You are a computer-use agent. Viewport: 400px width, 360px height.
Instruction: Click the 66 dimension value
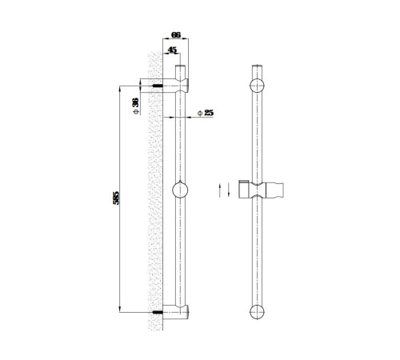[x=176, y=35]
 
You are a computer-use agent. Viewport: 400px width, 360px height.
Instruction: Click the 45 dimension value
[x=172, y=50]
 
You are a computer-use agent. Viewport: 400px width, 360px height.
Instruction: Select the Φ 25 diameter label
[x=206, y=113]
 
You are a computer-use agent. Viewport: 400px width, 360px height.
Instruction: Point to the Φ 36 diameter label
[x=136, y=106]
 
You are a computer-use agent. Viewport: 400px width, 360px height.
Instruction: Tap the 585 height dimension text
[x=116, y=198]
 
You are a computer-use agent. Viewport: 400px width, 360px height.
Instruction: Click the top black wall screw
[x=158, y=86]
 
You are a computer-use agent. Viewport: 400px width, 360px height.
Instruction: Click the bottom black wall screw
[x=158, y=312]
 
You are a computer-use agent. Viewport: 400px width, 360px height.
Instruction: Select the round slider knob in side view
[x=180, y=190]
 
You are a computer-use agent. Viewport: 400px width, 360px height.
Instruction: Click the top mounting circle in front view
[x=257, y=86]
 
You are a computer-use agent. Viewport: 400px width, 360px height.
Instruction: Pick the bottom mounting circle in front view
[x=257, y=312]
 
